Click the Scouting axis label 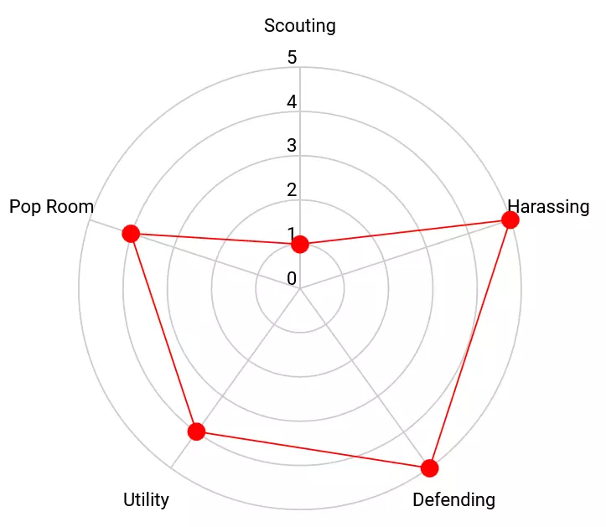299,25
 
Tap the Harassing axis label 548,206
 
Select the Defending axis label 453,500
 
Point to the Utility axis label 146,500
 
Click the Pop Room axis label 51,207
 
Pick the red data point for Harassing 510,220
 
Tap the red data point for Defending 429,468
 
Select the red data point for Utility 196,431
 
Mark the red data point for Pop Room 130,233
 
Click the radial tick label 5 292,58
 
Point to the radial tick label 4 292,102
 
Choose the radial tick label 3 292,146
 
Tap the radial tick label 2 292,190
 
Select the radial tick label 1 292,234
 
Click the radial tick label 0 292,278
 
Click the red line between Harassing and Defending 469,344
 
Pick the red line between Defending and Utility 313,450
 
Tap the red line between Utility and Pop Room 163,332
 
